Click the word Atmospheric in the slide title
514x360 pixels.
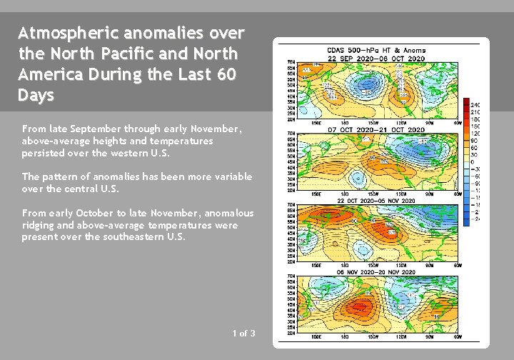click(69, 33)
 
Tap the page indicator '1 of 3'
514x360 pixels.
click(243, 333)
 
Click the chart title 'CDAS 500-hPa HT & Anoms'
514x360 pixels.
click(376, 51)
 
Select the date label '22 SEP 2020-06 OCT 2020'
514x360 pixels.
click(376, 58)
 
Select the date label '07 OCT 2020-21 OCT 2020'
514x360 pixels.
click(376, 129)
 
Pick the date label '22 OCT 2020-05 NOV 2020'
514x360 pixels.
click(376, 201)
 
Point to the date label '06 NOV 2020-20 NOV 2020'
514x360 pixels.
click(376, 272)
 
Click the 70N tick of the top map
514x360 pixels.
click(291, 62)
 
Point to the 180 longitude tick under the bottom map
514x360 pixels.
click(345, 336)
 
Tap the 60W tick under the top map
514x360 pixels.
click(458, 122)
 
